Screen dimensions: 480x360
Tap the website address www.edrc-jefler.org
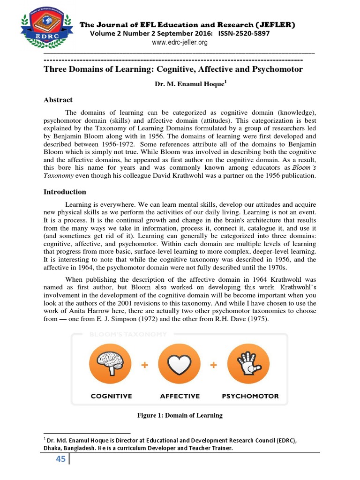pyautogui.click(x=180, y=42)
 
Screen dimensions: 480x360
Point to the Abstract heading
pyautogui.click(x=58, y=100)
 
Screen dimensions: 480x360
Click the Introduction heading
pyautogui.click(x=65, y=192)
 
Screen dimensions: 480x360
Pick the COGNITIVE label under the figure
pyautogui.click(x=112, y=396)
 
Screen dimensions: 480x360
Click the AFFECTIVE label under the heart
pyautogui.click(x=180, y=396)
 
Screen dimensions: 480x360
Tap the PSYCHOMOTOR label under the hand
pyautogui.click(x=250, y=396)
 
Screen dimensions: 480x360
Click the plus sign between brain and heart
pyautogui.click(x=146, y=365)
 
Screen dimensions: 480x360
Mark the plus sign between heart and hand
pyautogui.click(x=214, y=365)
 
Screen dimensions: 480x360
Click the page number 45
pyautogui.click(x=60, y=459)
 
